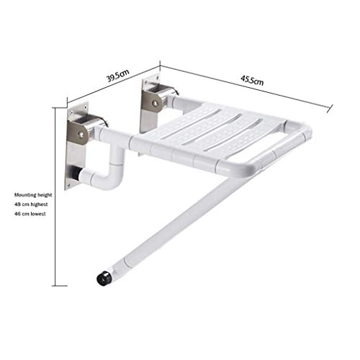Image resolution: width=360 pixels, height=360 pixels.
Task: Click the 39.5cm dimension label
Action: pos(118,75)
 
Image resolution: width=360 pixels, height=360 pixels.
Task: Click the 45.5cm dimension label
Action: pos(252,80)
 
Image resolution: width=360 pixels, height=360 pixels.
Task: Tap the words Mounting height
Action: pos(33,195)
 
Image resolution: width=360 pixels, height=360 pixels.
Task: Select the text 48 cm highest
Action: pos(31,204)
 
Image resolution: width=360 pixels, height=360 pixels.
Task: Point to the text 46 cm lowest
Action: pos(30,214)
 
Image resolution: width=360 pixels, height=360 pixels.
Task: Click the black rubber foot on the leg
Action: pos(104,278)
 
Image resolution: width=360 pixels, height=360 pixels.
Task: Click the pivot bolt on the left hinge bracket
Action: pos(81,135)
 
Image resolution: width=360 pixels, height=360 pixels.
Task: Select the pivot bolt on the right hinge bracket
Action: pos(155,103)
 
